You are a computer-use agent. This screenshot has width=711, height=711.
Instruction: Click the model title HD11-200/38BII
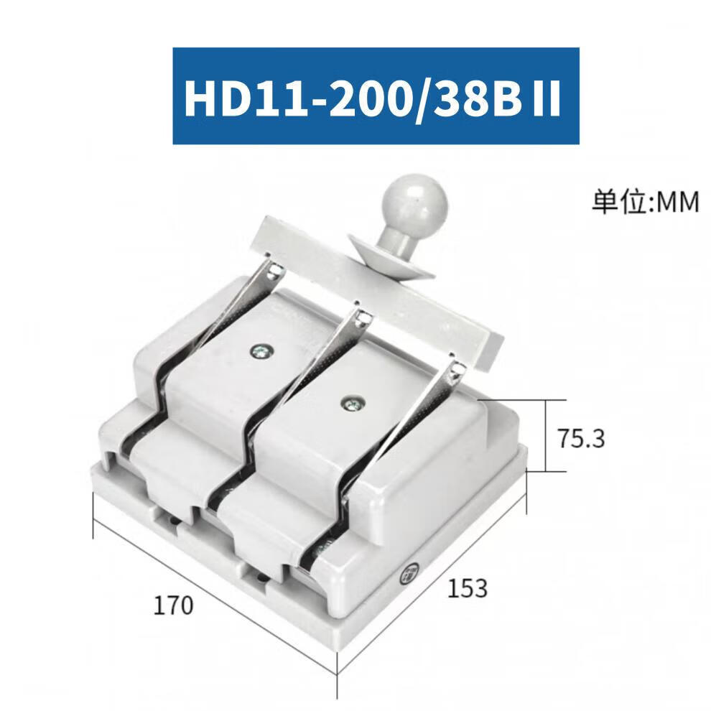[373, 98]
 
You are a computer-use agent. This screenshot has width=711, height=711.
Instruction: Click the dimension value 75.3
[581, 439]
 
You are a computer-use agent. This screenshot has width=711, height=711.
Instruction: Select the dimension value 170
[173, 605]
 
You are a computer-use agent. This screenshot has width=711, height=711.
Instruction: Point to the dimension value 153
[467, 588]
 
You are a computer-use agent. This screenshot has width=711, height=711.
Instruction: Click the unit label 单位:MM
[645, 202]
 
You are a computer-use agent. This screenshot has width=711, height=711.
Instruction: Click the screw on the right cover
[351, 403]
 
